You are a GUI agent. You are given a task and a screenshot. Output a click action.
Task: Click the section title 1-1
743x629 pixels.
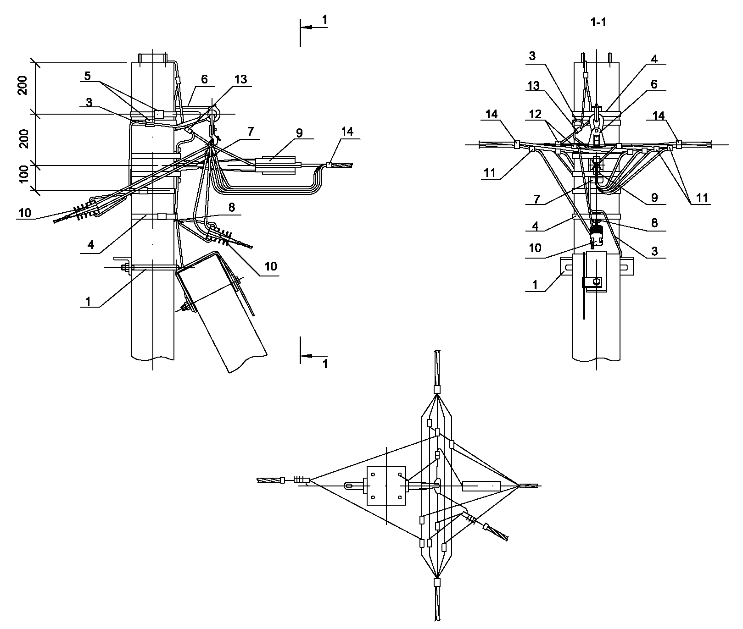(598, 22)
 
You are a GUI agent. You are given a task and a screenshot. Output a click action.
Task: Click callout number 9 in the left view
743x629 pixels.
(299, 133)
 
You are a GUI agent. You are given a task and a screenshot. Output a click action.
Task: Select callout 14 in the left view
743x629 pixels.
(347, 132)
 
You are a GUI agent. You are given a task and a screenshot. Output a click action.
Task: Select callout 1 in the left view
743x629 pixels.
(89, 301)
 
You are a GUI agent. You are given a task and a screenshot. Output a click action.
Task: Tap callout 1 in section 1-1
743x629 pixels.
(534, 284)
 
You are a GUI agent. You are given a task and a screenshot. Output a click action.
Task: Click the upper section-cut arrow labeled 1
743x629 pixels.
(314, 27)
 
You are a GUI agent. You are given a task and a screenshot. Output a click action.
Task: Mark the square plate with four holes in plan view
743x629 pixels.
(386, 486)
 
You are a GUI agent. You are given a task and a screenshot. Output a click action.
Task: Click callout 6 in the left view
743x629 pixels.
(204, 79)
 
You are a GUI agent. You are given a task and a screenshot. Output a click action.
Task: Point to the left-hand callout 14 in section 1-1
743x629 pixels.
(491, 114)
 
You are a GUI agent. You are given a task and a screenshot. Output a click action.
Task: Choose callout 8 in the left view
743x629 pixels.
(231, 207)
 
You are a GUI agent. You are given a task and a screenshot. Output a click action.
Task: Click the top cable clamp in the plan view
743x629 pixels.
(437, 389)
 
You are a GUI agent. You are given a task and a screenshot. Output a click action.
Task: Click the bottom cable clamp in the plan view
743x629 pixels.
(437, 582)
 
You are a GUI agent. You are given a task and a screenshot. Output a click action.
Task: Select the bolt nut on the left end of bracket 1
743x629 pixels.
(124, 268)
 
